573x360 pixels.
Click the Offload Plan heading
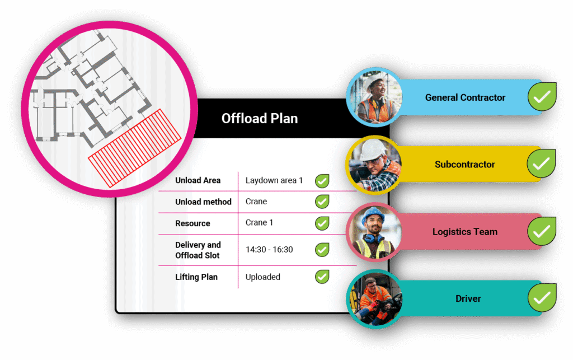click(260, 119)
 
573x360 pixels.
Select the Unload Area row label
click(198, 180)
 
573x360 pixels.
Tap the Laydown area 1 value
click(274, 180)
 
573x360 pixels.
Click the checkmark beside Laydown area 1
click(322, 181)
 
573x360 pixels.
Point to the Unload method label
click(203, 202)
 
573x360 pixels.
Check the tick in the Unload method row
click(322, 202)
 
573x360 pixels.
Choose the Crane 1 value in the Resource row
click(259, 222)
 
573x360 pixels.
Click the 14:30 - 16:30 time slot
click(269, 250)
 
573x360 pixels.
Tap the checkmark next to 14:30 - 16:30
click(322, 250)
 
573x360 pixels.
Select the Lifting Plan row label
click(196, 277)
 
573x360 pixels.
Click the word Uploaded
click(263, 277)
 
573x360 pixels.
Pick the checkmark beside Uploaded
click(322, 277)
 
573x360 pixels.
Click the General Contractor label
click(465, 97)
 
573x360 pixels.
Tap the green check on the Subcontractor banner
click(541, 164)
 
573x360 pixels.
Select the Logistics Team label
click(464, 231)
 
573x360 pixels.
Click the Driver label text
click(468, 298)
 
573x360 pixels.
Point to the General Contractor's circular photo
click(374, 97)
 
